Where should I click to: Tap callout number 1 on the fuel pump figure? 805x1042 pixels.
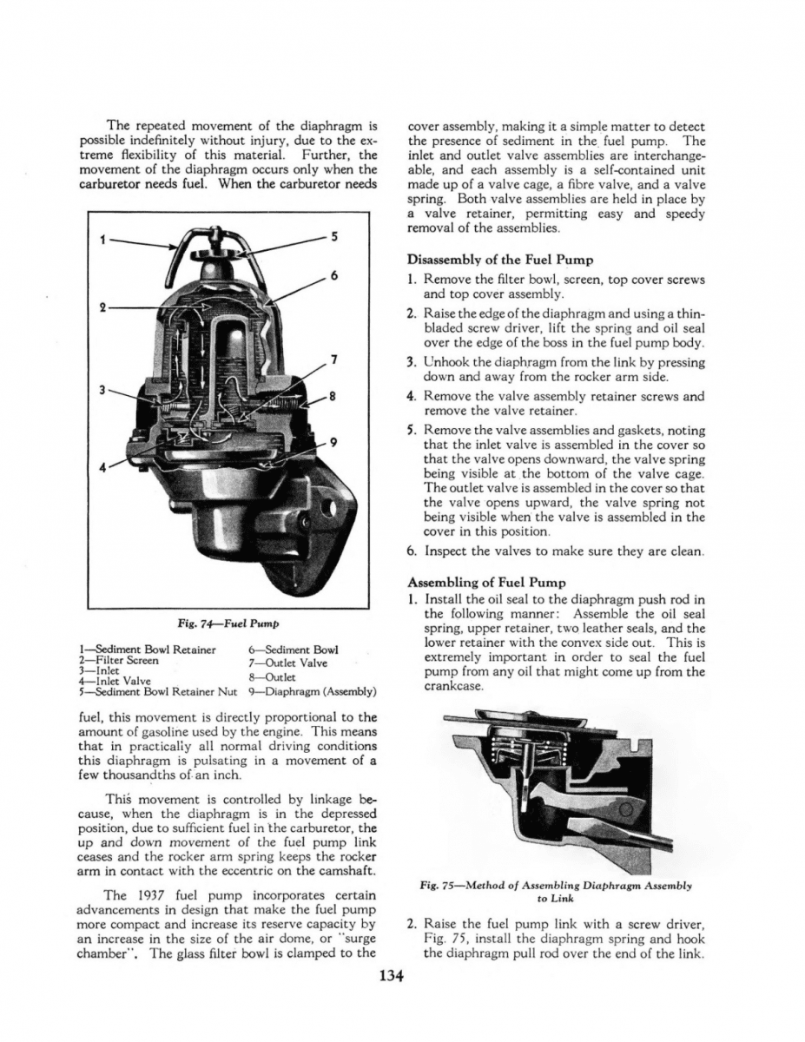(x=102, y=241)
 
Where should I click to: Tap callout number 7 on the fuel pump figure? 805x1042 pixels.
(x=334, y=360)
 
